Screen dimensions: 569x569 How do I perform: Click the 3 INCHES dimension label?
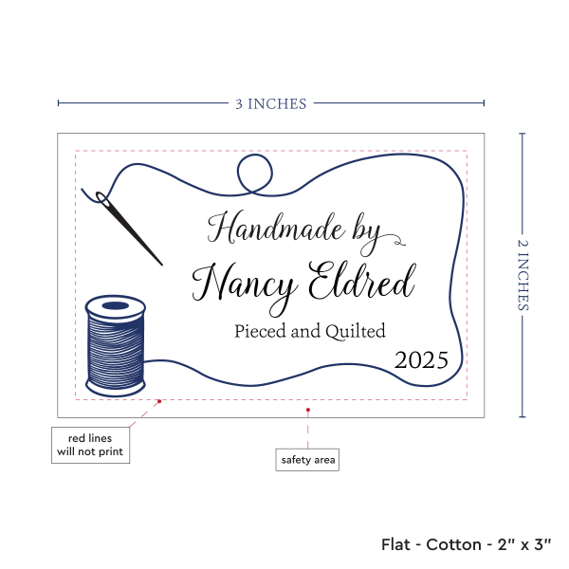271,103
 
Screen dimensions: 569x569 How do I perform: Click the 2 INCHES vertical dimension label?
524,275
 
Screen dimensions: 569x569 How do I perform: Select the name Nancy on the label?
244,282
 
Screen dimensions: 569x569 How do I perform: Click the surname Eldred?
364,282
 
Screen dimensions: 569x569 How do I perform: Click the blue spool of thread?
115,345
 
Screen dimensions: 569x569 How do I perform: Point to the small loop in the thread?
254,174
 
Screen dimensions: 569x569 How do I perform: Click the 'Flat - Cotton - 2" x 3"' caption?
468,544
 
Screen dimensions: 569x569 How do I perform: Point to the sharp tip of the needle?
161,265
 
